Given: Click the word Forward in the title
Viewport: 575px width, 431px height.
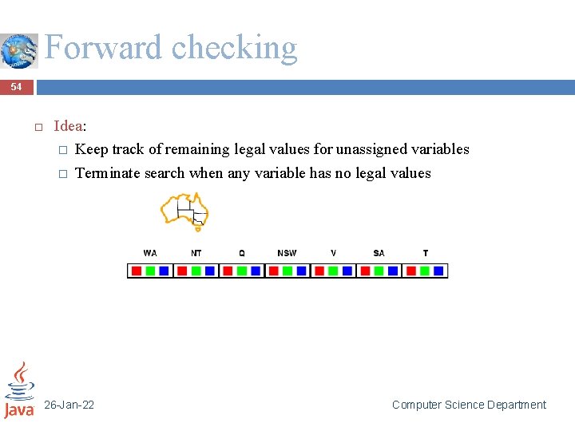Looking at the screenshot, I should coord(104,48).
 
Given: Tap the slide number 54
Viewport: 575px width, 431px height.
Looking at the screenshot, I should coord(17,86).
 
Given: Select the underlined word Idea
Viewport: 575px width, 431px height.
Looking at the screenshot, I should coord(68,126).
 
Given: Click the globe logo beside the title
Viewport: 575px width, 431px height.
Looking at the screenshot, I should coord(18,51).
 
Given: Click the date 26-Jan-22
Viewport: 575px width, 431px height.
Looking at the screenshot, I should coord(69,405).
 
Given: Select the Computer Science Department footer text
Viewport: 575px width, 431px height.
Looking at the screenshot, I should coord(469,405).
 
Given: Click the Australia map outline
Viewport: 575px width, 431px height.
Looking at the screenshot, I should coord(184,210).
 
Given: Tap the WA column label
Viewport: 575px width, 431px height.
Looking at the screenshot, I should coord(150,253).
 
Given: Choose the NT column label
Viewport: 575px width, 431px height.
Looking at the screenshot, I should coord(196,253).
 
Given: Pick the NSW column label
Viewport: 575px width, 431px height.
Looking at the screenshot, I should coord(287,253).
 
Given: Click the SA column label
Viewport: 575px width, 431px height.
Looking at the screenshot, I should coord(379,253).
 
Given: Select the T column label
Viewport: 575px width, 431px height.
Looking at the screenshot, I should coord(425,253).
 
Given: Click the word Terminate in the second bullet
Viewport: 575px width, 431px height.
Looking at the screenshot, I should coord(106,173).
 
